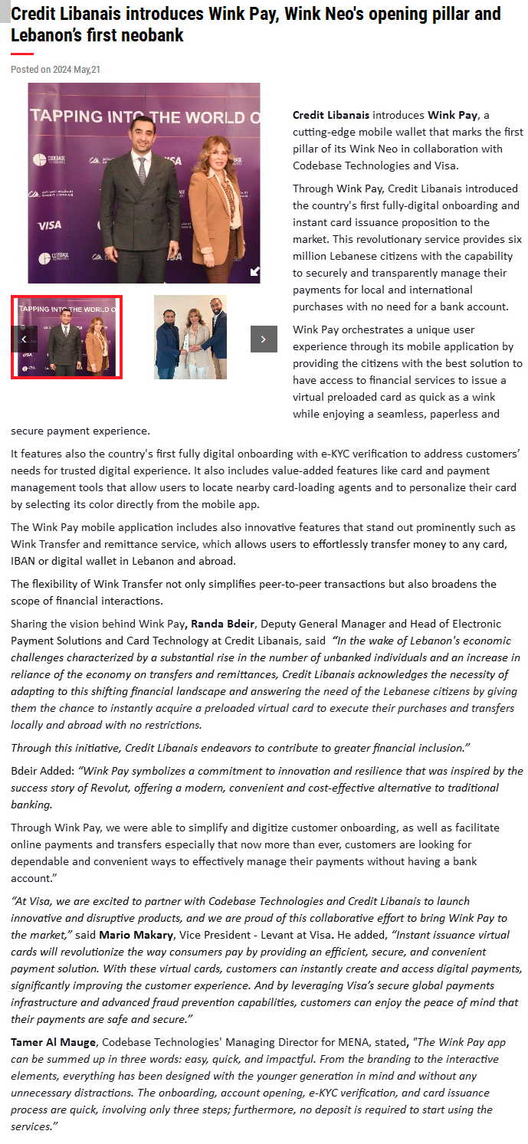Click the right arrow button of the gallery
tap(264, 339)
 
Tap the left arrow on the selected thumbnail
tap(24, 339)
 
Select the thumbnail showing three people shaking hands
tap(190, 337)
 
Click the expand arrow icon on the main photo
tap(254, 271)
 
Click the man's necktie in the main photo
tap(142, 169)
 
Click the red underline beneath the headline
tap(22, 54)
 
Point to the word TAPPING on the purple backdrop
tap(66, 116)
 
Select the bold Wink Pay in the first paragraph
tap(452, 115)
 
